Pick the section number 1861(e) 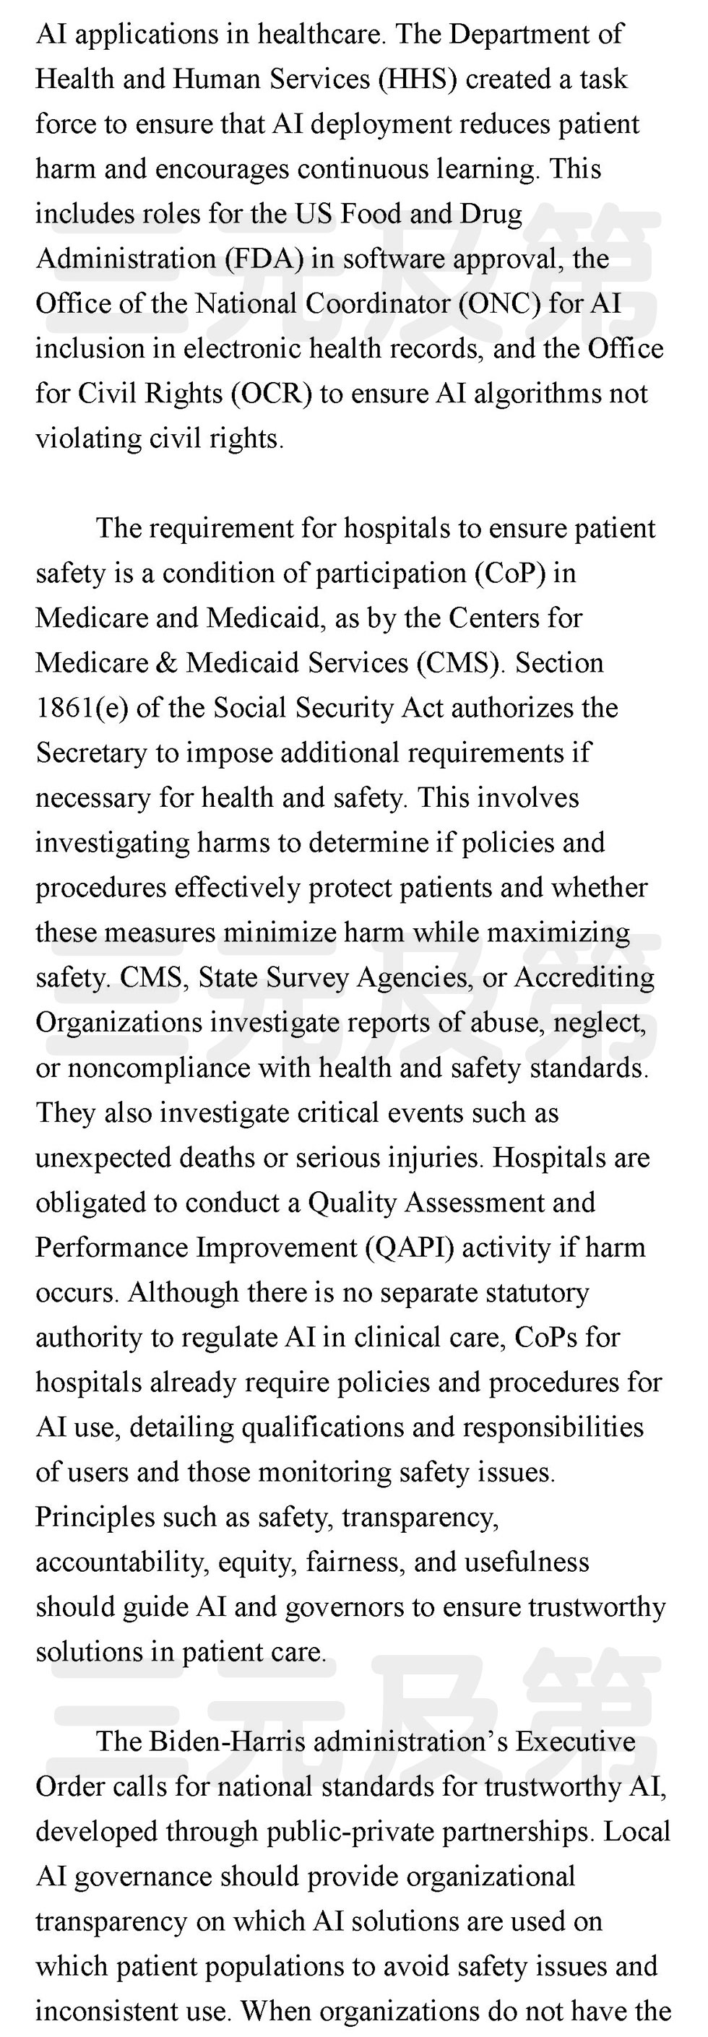82,708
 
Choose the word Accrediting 584,977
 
